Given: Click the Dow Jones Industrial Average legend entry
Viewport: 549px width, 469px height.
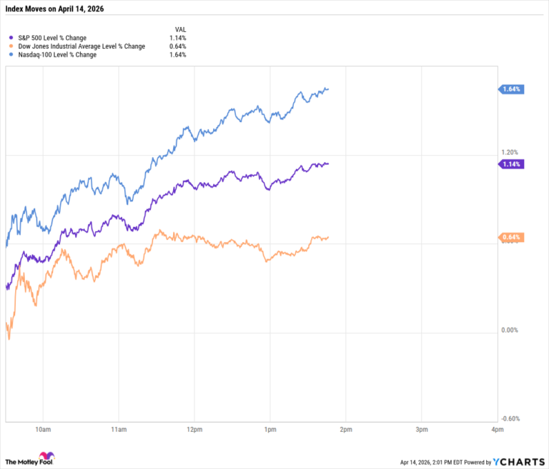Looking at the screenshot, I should coord(79,46).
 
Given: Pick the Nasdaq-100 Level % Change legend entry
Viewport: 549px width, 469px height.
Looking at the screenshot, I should coord(57,55).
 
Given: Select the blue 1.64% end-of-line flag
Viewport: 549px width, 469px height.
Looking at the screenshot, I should coord(512,89).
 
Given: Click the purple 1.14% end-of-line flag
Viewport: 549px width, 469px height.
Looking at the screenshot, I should coord(512,164).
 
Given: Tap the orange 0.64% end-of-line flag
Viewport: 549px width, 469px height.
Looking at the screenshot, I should coord(512,238).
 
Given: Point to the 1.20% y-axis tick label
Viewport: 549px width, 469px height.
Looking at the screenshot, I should coord(509,152).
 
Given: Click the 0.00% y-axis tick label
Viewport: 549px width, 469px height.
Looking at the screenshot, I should coord(509,330).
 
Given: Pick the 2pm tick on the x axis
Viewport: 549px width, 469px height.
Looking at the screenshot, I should coord(345,430).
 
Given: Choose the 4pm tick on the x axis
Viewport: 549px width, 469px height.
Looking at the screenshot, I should coord(497,430).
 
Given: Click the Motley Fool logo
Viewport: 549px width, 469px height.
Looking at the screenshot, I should coord(31,459).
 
